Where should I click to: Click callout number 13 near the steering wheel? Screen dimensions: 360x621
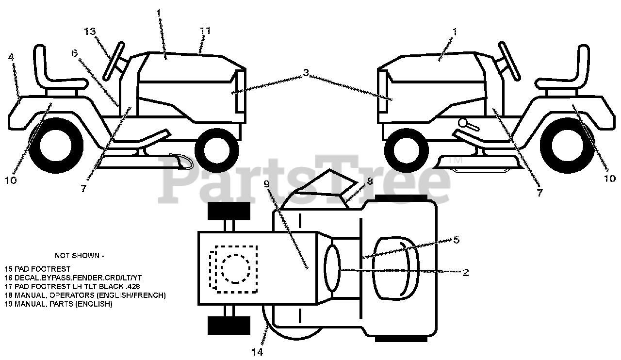coord(90,32)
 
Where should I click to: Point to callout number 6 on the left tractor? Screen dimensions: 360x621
coord(75,53)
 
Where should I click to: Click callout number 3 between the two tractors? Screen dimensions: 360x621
coord(306,73)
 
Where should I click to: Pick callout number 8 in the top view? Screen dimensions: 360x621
coord(370,181)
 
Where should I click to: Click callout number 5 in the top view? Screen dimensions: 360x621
coord(456,240)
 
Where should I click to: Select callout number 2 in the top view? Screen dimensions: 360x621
coord(465,272)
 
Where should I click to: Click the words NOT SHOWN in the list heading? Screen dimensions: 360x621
coord(79,255)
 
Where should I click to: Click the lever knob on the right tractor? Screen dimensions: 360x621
coord(464,123)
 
